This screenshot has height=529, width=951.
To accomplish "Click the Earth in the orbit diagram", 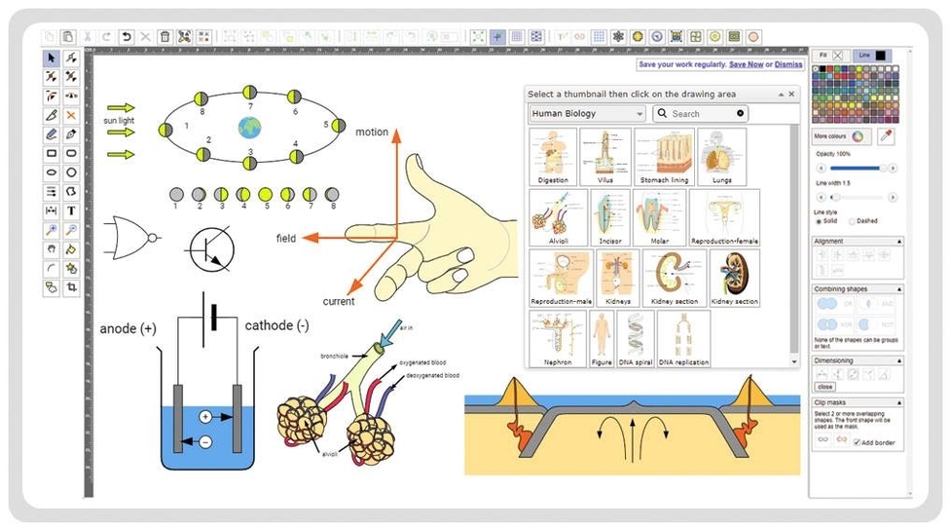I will coord(249,126).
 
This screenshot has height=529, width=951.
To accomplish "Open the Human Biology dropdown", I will coord(587,114).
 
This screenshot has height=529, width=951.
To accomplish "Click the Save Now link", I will coord(746,64).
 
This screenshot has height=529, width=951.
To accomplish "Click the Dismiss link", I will coord(788,64).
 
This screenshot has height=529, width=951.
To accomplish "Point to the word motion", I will coord(372,132).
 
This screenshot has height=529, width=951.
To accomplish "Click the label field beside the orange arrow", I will coord(286,238).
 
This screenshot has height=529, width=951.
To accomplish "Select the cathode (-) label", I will coord(277,325).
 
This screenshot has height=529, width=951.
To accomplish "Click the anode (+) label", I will coord(128,328).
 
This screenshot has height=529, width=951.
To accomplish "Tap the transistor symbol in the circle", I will coord(211,248).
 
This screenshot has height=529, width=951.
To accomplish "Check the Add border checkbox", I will coord(856,442).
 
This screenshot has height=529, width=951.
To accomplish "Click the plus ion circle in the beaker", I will coord(205,416).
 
